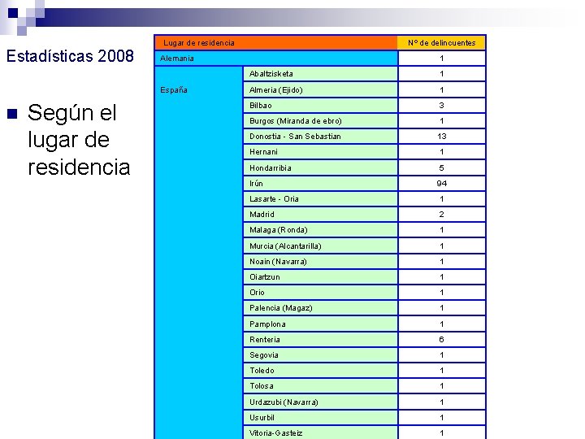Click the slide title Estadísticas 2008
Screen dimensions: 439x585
pos(70,57)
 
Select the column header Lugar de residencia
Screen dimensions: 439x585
pos(199,42)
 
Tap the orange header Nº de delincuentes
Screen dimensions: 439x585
pos(442,42)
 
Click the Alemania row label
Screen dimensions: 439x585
pos(177,59)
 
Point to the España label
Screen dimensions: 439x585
pos(174,90)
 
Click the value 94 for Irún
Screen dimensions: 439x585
pos(442,184)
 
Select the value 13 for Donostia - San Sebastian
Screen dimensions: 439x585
pos(442,137)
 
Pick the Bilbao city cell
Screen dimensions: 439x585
pos(261,106)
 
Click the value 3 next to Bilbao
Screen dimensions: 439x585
pos(442,106)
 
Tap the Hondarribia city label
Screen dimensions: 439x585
pos(271,168)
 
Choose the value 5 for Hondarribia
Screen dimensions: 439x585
pos(442,168)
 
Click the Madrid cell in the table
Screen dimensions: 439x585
pos(262,215)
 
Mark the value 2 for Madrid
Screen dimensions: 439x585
pos(442,215)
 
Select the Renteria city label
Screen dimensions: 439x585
pos(265,340)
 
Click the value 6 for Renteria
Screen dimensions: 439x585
pos(442,340)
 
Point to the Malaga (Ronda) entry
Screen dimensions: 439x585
pos(279,230)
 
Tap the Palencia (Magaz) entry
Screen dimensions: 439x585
pos(281,308)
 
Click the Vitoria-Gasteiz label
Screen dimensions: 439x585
pos(276,433)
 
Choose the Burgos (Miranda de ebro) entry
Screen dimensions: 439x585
pos(296,121)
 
